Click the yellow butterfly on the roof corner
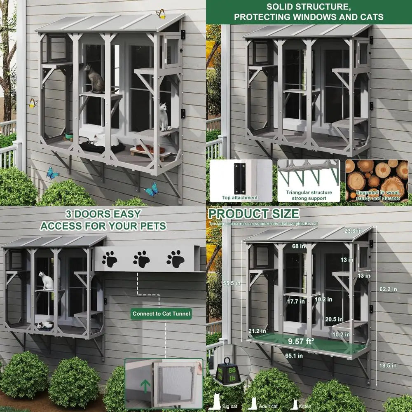(161, 14)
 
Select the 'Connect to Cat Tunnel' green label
(162, 314)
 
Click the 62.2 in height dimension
(388, 289)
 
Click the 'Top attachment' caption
(240, 198)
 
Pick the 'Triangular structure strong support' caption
(309, 195)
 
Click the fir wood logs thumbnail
(377, 180)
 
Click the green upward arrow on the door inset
(145, 386)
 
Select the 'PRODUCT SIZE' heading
(254, 214)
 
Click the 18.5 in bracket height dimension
(388, 365)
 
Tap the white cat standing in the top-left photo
(164, 117)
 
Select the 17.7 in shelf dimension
(293, 302)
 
